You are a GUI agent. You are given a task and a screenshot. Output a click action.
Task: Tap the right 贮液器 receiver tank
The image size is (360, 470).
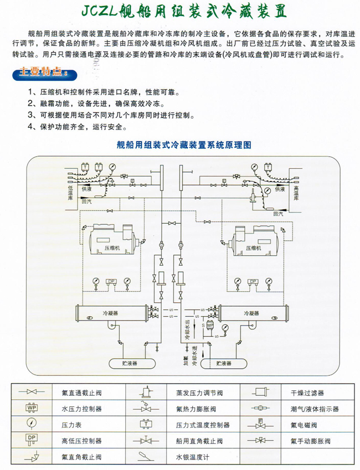point(224,363)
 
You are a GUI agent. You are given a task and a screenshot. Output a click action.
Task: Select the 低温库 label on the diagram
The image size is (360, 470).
point(70,195)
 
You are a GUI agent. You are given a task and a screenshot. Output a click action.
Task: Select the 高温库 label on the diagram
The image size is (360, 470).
point(297,196)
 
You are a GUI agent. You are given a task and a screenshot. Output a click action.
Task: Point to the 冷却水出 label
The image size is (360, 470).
point(187,328)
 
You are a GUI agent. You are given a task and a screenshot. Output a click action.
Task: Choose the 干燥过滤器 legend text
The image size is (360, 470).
point(308,393)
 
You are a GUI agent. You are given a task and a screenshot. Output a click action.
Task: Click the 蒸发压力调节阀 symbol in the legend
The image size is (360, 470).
point(146,392)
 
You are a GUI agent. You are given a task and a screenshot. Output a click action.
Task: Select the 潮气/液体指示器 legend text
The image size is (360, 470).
point(314,409)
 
